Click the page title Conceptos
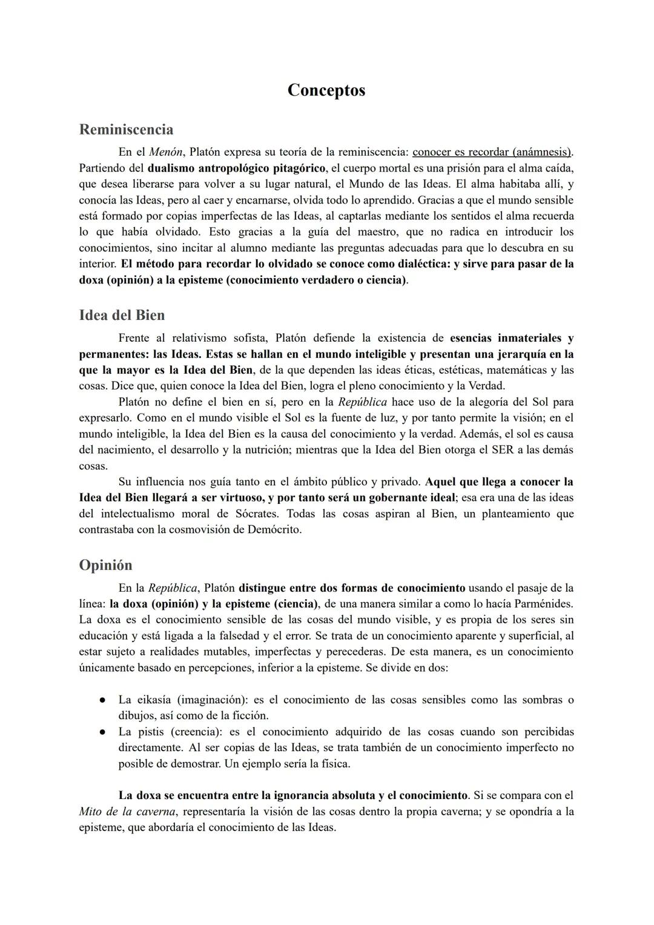(326, 90)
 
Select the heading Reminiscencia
(126, 130)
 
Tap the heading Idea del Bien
(122, 316)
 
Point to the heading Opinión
(105, 565)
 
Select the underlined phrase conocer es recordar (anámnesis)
(492, 151)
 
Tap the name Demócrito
(273, 530)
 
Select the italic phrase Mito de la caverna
(127, 811)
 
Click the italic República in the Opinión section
(173, 588)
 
